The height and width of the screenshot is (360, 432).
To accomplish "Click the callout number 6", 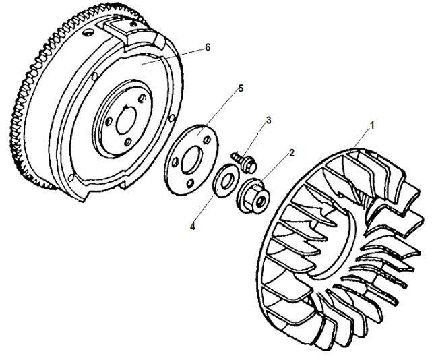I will (x=208, y=47).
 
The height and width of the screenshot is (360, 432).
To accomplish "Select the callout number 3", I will (x=268, y=121).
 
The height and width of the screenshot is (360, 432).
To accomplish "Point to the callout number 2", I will (x=292, y=152).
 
